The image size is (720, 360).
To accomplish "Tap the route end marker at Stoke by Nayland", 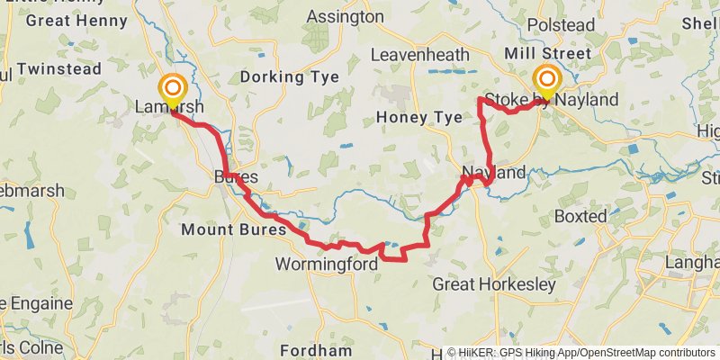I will [x=545, y=79].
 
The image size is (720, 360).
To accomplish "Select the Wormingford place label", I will [x=326, y=264].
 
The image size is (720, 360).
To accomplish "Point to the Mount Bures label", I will [x=233, y=229].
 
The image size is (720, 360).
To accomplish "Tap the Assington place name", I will [x=345, y=17].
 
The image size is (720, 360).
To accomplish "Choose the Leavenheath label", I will [x=420, y=56].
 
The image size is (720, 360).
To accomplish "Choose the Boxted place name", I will [x=581, y=216].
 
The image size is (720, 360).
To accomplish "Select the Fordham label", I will [x=315, y=350].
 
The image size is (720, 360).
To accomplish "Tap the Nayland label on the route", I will [x=493, y=172].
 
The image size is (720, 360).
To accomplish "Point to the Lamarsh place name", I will [x=169, y=108].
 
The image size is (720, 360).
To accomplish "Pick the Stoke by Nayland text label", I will [x=551, y=100].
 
